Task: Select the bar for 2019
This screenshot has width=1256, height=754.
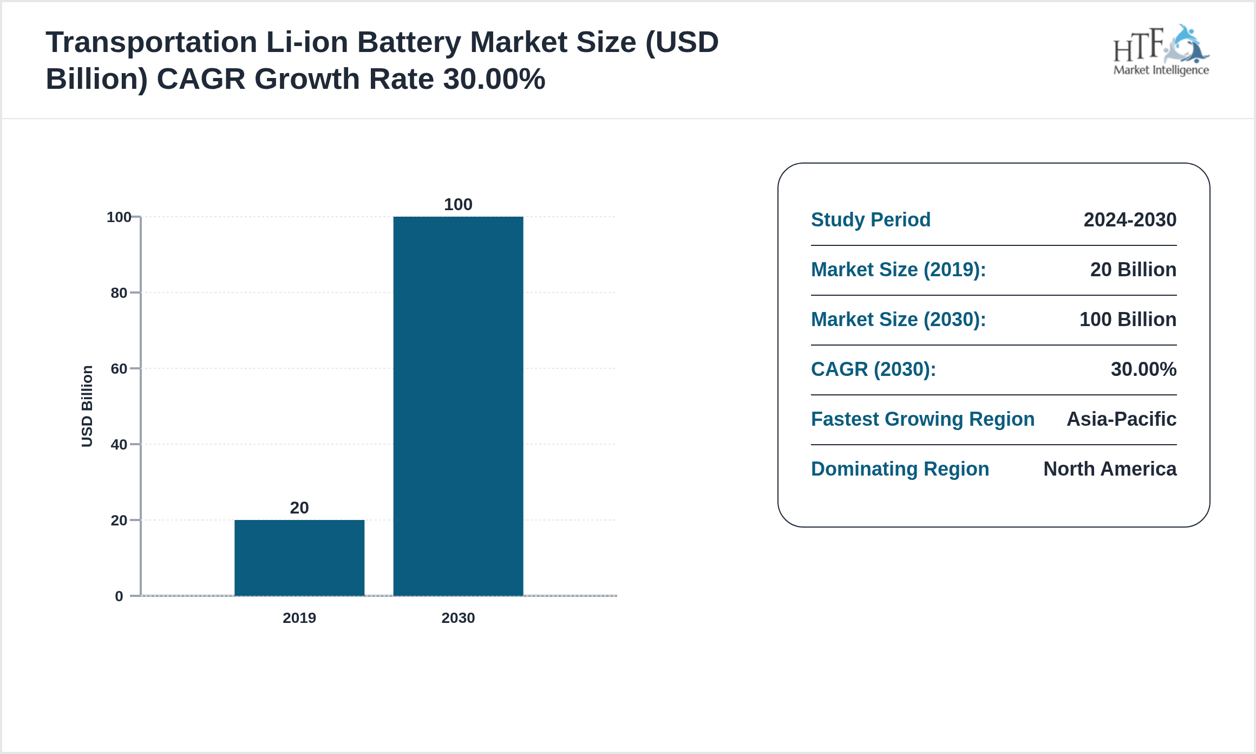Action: click(x=299, y=558)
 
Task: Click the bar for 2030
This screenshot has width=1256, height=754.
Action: click(x=458, y=406)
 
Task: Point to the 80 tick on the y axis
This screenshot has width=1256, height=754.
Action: click(x=119, y=293)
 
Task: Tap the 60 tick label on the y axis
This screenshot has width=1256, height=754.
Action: click(x=119, y=369)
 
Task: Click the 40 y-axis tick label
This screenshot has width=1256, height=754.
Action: click(x=119, y=445)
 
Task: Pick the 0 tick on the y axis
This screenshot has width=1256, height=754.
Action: click(x=119, y=596)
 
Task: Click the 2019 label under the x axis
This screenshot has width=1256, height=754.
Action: click(x=299, y=618)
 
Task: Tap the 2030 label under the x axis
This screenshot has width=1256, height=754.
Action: click(x=458, y=618)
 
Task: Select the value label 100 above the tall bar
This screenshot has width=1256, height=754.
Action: click(x=458, y=204)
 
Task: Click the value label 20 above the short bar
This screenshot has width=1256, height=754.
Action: click(x=299, y=508)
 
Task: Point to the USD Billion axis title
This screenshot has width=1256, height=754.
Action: click(x=87, y=406)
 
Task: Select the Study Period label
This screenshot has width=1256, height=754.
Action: click(x=871, y=220)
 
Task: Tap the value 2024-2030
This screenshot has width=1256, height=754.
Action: click(x=1130, y=220)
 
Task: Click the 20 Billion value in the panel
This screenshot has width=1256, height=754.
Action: click(x=1133, y=270)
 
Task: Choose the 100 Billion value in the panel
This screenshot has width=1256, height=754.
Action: click(x=1128, y=320)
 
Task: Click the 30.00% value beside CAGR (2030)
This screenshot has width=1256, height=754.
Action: click(x=1143, y=369)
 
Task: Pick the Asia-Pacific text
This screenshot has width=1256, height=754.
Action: click(x=1121, y=419)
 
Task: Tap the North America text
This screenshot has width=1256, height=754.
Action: click(x=1110, y=469)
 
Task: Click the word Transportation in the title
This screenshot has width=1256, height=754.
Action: click(x=151, y=42)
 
